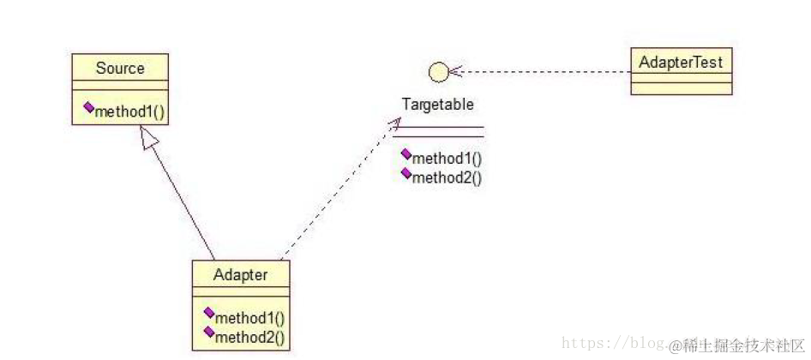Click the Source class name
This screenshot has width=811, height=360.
tap(120, 68)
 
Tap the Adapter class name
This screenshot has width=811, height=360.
tap(240, 275)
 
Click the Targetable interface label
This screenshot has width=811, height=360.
tap(438, 105)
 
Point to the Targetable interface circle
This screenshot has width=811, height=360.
tap(438, 72)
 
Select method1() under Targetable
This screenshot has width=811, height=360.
tap(447, 159)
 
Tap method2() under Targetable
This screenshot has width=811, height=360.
tap(447, 177)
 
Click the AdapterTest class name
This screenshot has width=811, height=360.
tap(681, 62)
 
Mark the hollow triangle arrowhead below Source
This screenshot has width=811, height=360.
tap(148, 136)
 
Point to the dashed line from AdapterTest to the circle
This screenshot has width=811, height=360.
tap(549, 72)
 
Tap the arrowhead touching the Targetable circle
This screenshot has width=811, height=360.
tap(455, 72)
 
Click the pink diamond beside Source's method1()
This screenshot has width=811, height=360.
tap(88, 108)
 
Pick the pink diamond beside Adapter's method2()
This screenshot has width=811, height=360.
tap(208, 333)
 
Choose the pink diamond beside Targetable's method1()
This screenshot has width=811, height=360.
tap(405, 155)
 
